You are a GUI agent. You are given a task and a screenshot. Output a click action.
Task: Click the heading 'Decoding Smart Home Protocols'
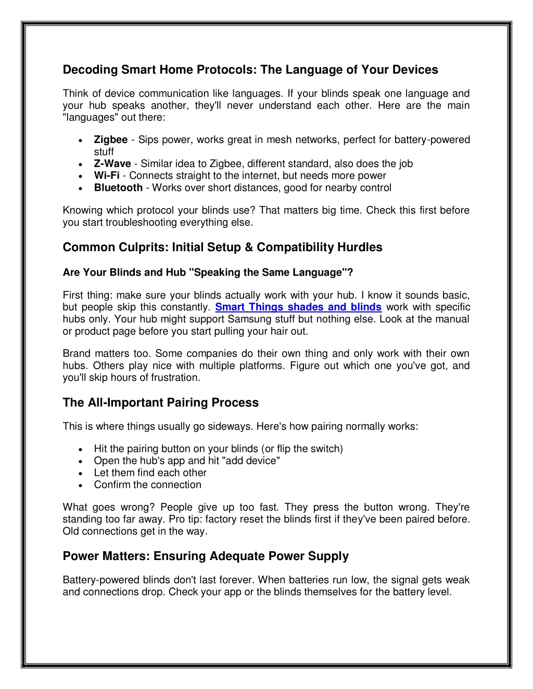(x=250, y=70)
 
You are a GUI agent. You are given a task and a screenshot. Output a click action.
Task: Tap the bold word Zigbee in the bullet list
(x=111, y=139)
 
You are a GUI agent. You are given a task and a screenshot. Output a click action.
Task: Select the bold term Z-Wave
(x=112, y=164)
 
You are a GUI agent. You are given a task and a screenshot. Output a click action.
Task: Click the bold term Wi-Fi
(x=107, y=176)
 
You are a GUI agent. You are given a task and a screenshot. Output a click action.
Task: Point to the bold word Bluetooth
(x=118, y=188)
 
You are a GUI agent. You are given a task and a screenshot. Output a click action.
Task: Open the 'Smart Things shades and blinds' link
(x=298, y=307)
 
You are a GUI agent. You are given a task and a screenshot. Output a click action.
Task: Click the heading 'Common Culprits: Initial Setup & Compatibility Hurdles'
(x=222, y=247)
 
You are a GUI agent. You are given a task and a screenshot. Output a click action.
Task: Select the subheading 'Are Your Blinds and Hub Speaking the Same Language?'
(x=208, y=272)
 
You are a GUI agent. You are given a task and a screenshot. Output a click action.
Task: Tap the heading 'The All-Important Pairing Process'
(x=160, y=402)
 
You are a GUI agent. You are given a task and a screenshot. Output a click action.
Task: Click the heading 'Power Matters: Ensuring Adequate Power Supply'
(x=206, y=556)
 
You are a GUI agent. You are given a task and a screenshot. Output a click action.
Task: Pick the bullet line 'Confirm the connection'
(x=147, y=485)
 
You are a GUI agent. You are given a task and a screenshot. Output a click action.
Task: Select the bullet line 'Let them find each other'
(x=150, y=473)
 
